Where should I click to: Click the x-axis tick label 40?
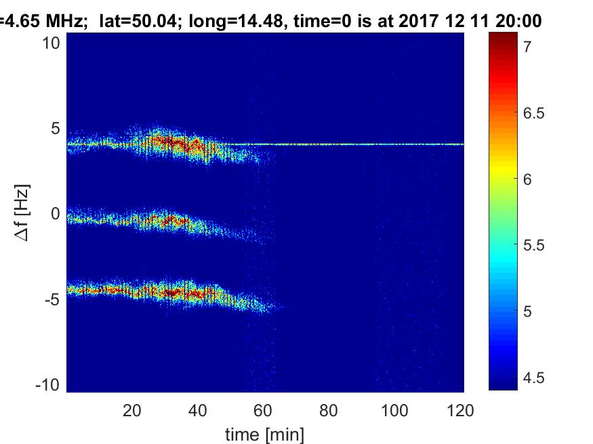(x=197, y=410)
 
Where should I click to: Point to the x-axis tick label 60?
(x=263, y=410)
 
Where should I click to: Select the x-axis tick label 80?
(x=329, y=410)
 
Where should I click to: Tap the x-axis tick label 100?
(x=394, y=410)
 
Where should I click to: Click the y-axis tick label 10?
(x=53, y=43)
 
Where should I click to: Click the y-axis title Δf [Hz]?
(x=23, y=214)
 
